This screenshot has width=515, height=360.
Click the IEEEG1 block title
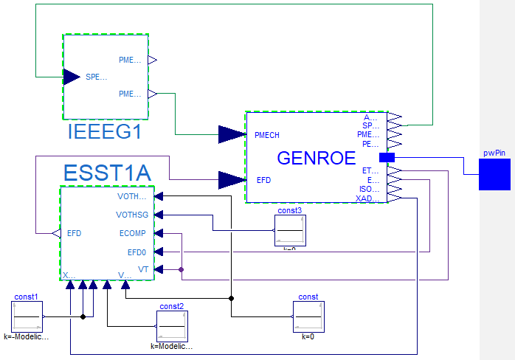[105, 133]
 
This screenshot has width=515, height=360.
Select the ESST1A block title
[107, 173]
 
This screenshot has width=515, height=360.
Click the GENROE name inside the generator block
[317, 158]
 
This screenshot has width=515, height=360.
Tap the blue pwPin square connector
[494, 175]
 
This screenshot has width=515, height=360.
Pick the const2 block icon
[171, 325]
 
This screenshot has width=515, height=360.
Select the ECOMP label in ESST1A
[133, 233]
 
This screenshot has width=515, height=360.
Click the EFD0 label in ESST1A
[137, 252]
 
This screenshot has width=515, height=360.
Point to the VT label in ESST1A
[143, 270]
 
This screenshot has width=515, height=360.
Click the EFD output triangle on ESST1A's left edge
[55, 233]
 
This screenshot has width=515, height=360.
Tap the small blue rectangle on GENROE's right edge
[387, 157]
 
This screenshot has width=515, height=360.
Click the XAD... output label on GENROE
[367, 198]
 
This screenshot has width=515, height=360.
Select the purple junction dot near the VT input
[181, 270]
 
